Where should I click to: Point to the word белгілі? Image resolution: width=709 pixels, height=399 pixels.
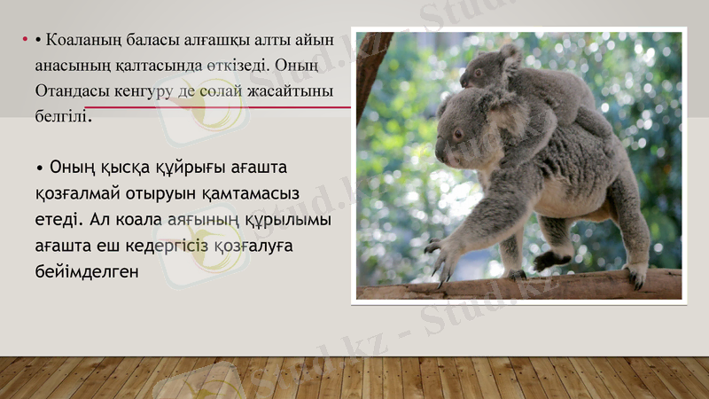pos(62,116)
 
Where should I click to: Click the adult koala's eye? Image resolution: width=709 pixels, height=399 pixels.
pos(457,135)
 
